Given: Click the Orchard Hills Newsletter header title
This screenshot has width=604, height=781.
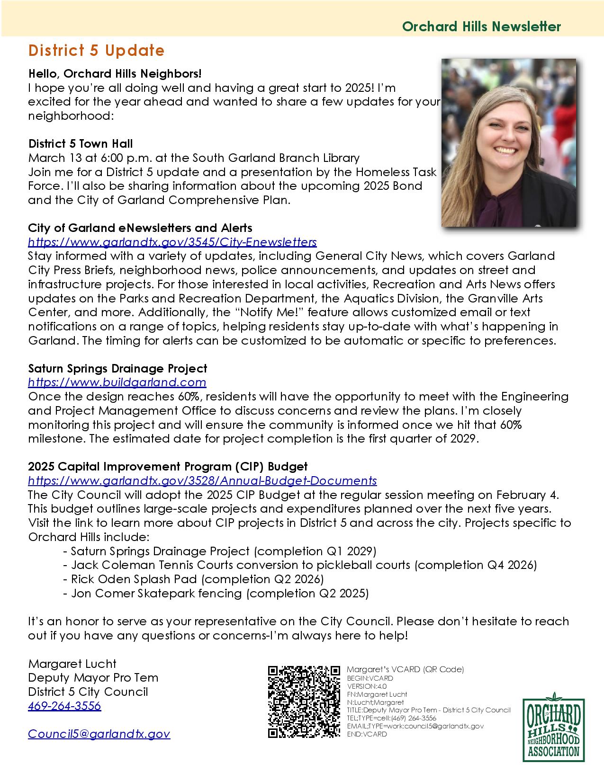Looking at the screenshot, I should (481, 27).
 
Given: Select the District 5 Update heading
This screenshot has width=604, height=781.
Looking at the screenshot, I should (96, 51).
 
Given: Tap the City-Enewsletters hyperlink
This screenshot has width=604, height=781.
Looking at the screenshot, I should (172, 242).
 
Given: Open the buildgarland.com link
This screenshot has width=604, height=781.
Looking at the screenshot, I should (117, 382).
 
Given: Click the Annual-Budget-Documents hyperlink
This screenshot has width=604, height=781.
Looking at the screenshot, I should (202, 481).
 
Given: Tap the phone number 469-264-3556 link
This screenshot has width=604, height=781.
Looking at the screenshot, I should (64, 706).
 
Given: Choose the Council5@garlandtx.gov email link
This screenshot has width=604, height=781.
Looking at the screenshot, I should (99, 734).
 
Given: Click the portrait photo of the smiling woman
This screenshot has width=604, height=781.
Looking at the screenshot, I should (509, 142).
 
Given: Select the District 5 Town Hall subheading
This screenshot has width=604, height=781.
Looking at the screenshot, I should (81, 144).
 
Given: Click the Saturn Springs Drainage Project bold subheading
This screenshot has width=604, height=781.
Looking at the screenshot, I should (117, 368).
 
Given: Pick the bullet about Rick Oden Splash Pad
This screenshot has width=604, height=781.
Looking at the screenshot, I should (193, 579).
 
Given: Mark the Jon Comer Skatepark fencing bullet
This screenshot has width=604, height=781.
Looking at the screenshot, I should (216, 593).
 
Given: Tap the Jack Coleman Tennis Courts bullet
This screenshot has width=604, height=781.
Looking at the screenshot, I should (299, 565).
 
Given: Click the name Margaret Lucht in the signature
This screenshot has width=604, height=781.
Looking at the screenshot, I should (72, 664).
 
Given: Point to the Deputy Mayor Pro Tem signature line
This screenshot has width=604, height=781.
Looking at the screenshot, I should (93, 678).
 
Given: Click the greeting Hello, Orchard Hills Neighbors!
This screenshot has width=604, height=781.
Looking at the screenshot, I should (115, 74).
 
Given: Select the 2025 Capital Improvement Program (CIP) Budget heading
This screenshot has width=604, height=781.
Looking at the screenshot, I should (168, 467).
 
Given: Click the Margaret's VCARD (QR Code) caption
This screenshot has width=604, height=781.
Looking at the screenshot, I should (405, 669).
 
